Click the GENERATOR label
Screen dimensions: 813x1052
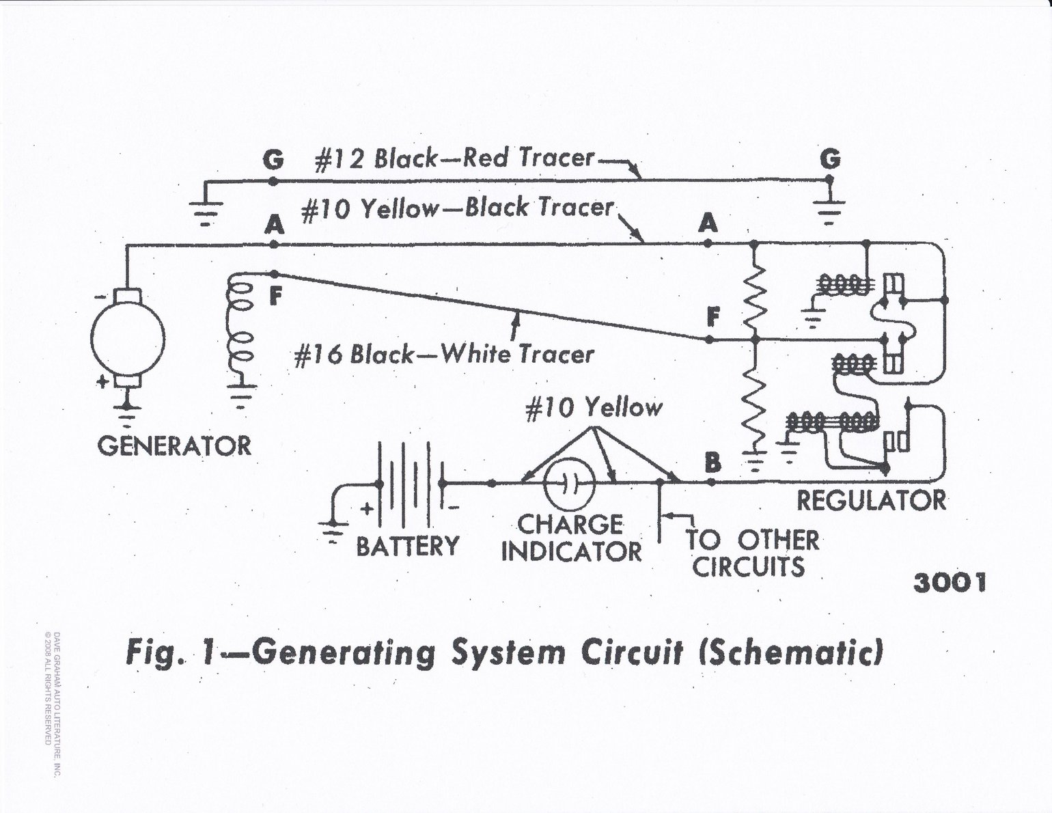click(174, 446)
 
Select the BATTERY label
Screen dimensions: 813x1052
click(408, 546)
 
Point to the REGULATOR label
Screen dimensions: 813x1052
click(871, 501)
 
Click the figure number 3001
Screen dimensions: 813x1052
click(949, 583)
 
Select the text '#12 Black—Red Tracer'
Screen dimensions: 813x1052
click(454, 159)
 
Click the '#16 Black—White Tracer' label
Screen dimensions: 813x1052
click(444, 355)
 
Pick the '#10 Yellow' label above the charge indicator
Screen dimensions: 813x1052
click(594, 408)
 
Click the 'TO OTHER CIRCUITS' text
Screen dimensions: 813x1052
click(751, 553)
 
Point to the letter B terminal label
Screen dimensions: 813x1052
click(712, 464)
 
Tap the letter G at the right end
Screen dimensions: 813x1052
click(830, 159)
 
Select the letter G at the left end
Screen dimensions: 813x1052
click(273, 160)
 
